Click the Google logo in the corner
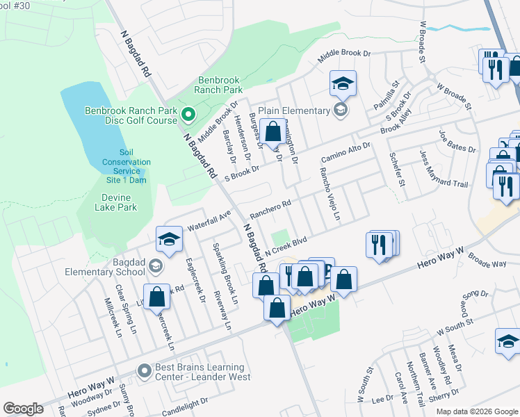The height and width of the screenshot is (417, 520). point(23,409)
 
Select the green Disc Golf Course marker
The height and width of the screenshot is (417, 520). point(187,114)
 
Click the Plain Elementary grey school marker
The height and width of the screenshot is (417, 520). point(340,110)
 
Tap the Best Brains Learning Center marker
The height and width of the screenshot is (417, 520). point(144,371)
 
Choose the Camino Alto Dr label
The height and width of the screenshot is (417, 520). point(346,152)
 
